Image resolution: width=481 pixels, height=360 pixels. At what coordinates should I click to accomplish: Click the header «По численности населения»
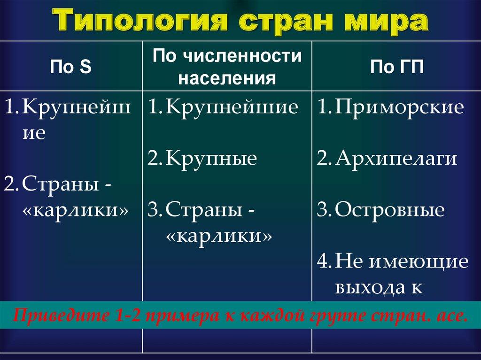[x=227, y=67]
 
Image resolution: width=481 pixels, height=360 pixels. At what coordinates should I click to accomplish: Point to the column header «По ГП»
[x=397, y=67]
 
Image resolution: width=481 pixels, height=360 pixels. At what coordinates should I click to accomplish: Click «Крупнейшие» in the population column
[x=232, y=107]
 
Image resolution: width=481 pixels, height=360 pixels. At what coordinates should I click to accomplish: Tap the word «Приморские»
[x=400, y=107]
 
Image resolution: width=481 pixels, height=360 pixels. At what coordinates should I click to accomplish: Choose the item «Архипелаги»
[x=396, y=159]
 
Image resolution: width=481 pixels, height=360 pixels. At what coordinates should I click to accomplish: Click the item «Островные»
[x=390, y=210]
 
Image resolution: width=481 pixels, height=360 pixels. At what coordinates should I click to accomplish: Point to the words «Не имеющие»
[x=402, y=261]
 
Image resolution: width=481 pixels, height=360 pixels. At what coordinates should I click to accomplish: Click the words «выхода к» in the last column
[x=376, y=287]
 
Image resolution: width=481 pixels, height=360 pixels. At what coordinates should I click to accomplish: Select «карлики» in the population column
[x=219, y=236]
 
